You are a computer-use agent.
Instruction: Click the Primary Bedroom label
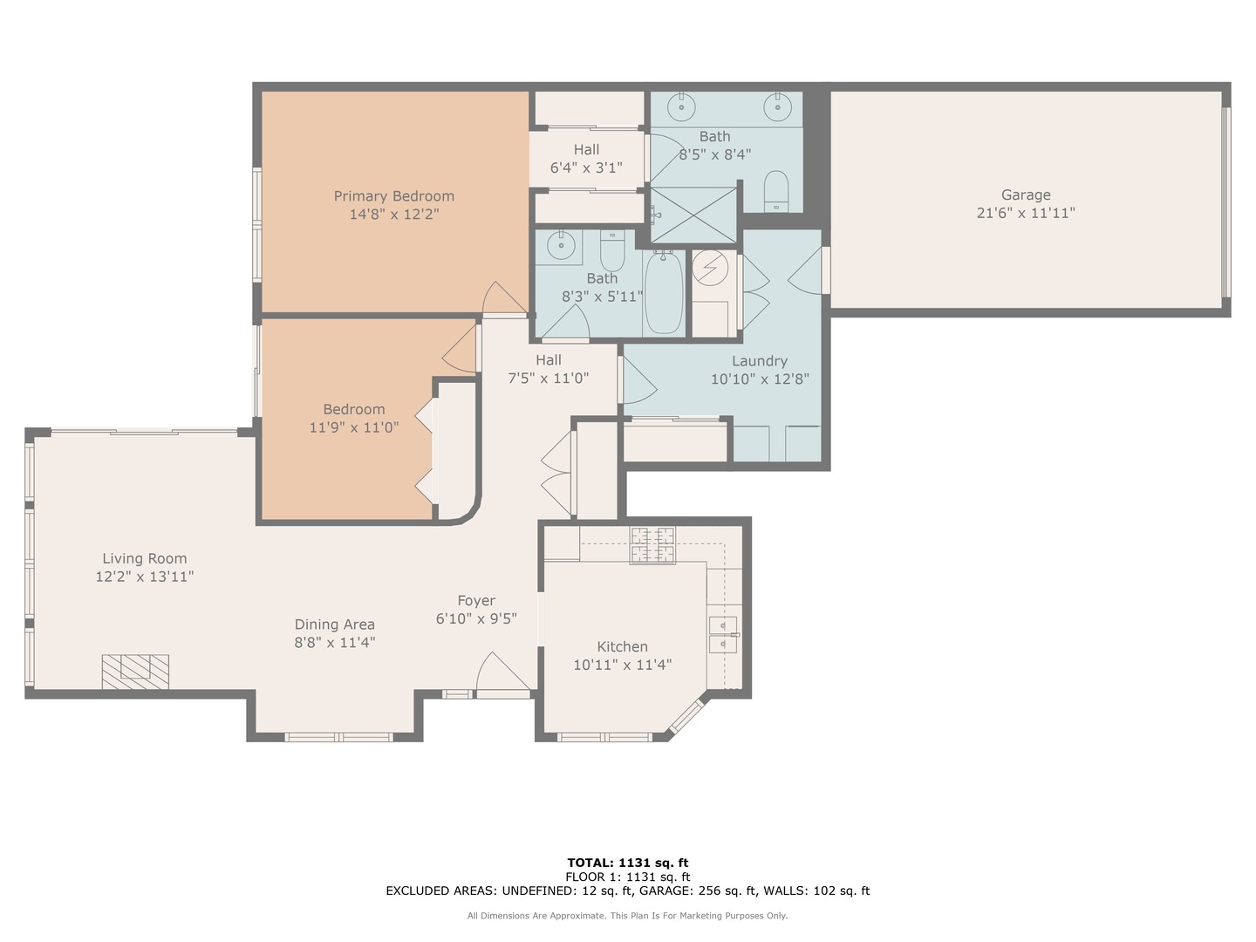(x=393, y=196)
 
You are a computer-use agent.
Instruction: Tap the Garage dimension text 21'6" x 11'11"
(x=1025, y=213)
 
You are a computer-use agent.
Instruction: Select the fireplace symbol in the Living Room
(x=135, y=671)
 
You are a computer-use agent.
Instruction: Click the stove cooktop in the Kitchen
(x=652, y=545)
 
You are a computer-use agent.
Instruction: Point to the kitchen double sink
(x=723, y=634)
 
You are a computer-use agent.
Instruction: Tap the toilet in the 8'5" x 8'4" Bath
(x=775, y=189)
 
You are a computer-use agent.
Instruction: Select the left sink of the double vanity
(x=680, y=107)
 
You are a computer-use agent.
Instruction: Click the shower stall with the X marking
(x=694, y=215)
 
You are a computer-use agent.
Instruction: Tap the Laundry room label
(x=760, y=361)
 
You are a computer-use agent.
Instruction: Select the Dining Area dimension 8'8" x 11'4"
(x=334, y=643)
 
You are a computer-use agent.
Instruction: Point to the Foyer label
(x=476, y=601)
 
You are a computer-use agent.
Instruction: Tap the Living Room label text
(x=145, y=559)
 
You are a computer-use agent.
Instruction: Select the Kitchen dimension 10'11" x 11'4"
(x=622, y=665)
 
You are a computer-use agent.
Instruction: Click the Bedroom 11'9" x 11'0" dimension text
(x=354, y=428)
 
